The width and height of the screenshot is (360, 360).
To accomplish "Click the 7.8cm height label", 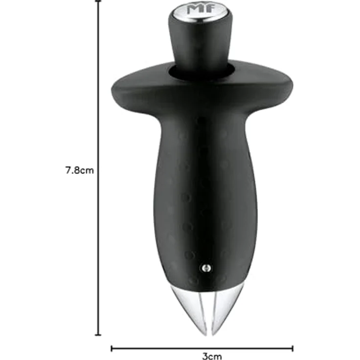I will (x=79, y=171).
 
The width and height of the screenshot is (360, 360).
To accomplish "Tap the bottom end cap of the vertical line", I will (x=99, y=335).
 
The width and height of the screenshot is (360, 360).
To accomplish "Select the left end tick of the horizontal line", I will (x=112, y=348).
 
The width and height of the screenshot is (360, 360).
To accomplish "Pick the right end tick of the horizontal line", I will (x=292, y=348).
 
